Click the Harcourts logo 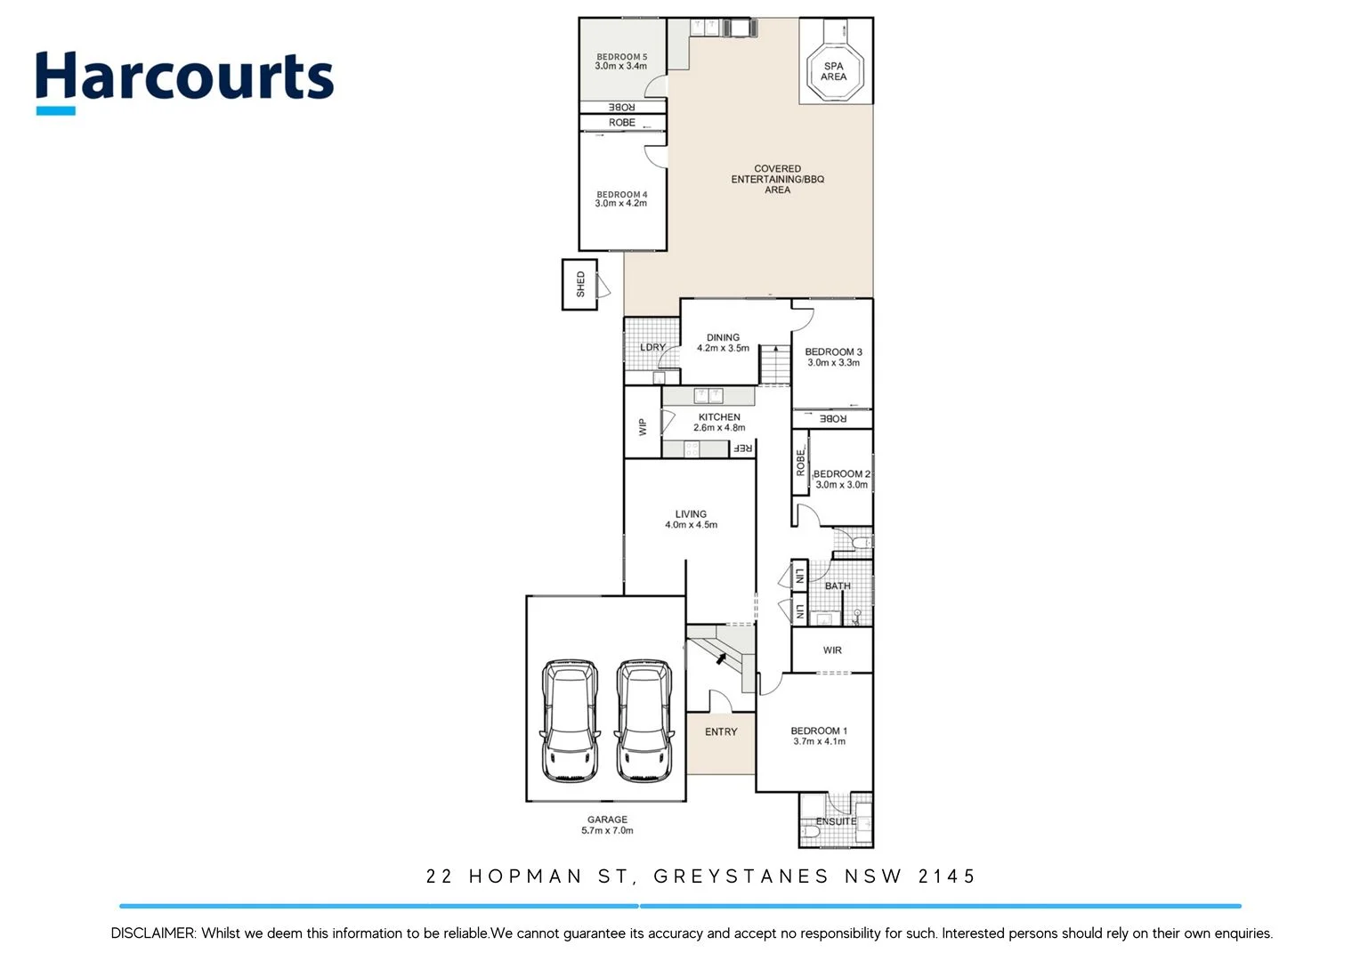coord(184,80)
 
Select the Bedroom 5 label coord(621,57)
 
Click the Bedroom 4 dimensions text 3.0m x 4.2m coord(621,204)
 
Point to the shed coord(580,285)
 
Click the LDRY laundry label coord(652,348)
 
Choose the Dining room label coord(723,338)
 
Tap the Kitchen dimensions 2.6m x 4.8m coord(719,428)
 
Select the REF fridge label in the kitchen coord(742,448)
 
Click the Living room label coord(691,514)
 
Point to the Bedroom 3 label coord(833,352)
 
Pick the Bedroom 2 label coord(842,474)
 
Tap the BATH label coord(838,586)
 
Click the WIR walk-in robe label coord(832,650)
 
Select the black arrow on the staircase coord(721,658)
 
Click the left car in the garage coord(569,721)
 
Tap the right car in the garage coord(644,721)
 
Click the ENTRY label coord(721,732)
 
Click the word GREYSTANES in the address coord(741,876)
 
